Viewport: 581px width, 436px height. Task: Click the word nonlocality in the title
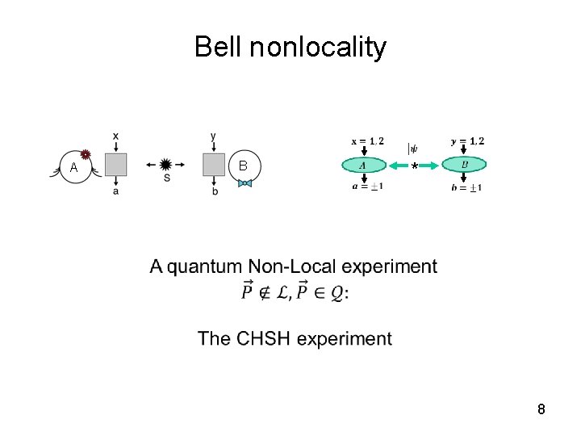[318, 48]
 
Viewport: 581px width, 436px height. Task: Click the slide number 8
[541, 409]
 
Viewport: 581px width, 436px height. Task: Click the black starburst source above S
[166, 164]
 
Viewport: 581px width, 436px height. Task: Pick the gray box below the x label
[116, 165]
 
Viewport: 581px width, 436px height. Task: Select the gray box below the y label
[213, 165]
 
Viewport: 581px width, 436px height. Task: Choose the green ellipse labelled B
[464, 165]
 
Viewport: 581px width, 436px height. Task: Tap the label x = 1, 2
[367, 141]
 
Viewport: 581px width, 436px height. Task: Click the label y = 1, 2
[467, 141]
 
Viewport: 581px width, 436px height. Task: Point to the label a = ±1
[367, 187]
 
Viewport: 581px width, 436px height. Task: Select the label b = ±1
[467, 188]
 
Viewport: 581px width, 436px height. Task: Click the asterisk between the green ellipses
[414, 166]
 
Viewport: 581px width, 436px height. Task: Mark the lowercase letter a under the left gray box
[116, 191]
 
